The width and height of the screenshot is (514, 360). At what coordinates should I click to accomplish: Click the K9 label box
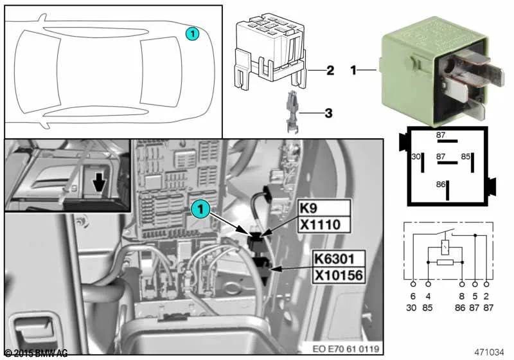[324, 208]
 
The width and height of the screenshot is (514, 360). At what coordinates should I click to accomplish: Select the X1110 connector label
[324, 224]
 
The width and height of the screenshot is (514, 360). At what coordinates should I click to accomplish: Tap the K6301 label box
[339, 259]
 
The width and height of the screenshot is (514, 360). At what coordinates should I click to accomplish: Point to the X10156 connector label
[339, 275]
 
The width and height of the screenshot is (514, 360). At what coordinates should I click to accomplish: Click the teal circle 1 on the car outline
[192, 34]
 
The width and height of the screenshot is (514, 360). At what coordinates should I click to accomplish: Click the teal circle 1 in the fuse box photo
[200, 209]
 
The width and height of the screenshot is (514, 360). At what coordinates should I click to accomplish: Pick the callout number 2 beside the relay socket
[330, 70]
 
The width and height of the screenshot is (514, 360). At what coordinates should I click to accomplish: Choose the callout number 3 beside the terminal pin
[328, 113]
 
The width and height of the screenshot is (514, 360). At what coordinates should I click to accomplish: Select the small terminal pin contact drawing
[292, 112]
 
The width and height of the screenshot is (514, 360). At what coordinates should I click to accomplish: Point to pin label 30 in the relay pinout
[416, 157]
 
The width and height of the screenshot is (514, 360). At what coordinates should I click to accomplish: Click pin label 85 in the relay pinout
[465, 157]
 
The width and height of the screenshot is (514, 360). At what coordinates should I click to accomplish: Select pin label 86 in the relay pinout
[441, 184]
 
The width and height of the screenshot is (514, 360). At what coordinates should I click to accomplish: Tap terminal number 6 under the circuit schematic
[412, 296]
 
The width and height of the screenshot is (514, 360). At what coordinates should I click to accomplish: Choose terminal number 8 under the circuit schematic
[461, 296]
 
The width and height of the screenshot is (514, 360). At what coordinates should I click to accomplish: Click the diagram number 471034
[489, 352]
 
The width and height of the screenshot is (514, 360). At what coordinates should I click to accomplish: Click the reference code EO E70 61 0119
[346, 349]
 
